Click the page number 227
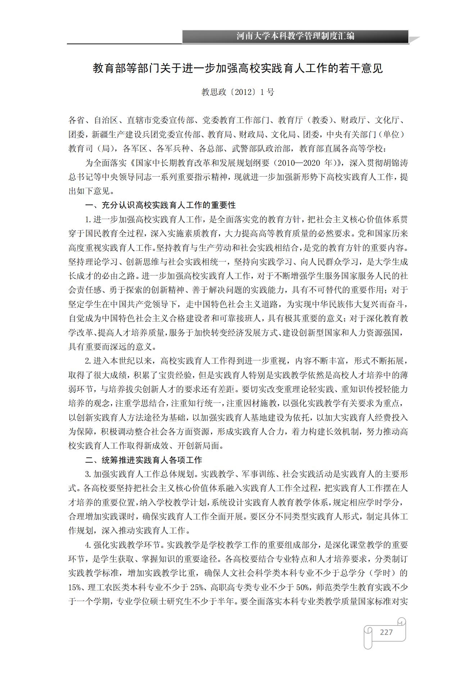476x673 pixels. pyautogui.click(x=386, y=632)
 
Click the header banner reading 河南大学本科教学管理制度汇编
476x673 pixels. pyautogui.click(x=295, y=36)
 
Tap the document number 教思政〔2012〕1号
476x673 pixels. pyautogui.click(x=238, y=92)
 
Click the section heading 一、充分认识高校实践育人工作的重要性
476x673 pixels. pyautogui.click(x=160, y=205)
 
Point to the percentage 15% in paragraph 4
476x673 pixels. pyautogui.click(x=74, y=587)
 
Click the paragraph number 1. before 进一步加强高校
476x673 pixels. pyautogui.click(x=88, y=219)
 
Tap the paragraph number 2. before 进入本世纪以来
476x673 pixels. pyautogui.click(x=88, y=361)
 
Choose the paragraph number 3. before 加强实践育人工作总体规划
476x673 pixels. pyautogui.click(x=88, y=474)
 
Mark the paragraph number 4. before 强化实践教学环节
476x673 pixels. pyautogui.click(x=88, y=545)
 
